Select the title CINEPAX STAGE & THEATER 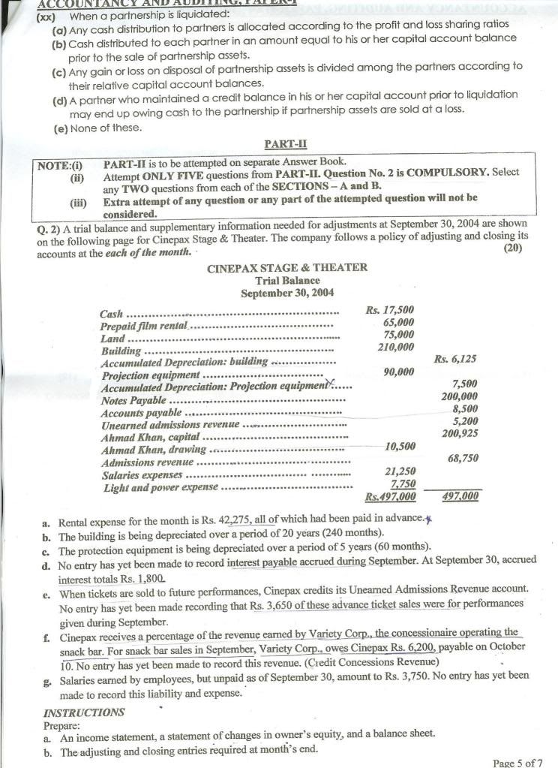pos(286,267)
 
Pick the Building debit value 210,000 pos(395,347)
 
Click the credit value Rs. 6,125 pos(455,360)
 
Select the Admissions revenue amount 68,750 pos(463,458)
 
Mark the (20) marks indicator pos(513,248)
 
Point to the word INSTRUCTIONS pos(84,712)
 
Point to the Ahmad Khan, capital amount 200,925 pos(460,433)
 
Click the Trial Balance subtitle pos(286,280)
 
